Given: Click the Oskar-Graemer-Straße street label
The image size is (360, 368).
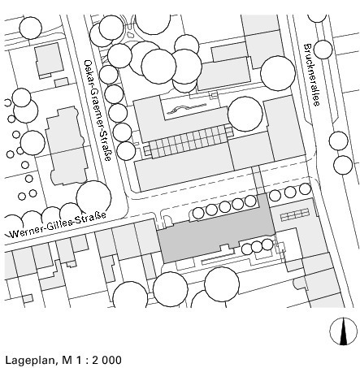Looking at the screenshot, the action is tap(98, 110).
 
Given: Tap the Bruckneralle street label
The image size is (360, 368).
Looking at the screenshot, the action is tap(312, 75).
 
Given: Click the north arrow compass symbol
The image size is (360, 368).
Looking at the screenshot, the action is tap(344, 331).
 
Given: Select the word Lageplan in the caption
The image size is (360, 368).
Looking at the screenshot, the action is tap(30, 361).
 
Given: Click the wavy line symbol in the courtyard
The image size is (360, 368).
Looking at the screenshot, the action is tap(186, 109).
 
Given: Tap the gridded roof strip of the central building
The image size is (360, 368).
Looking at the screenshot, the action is tap(188, 143).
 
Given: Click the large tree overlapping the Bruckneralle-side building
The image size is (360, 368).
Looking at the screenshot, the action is tap(278, 73).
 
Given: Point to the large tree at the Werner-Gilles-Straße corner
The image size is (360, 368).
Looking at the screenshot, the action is tap(93, 197).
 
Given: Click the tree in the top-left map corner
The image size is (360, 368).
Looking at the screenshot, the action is tap(31, 28).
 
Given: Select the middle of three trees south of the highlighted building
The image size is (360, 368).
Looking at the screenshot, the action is tap(257, 247).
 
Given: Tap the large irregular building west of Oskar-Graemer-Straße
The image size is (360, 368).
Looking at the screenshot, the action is tap(67, 146).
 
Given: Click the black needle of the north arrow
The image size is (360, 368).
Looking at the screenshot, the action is tap(344, 332).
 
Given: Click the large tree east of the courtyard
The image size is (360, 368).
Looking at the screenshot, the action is tap(245, 114).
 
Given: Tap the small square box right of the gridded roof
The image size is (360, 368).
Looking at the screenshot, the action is tap(229, 132).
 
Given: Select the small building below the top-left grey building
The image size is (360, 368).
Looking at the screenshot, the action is tap(62, 82).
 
